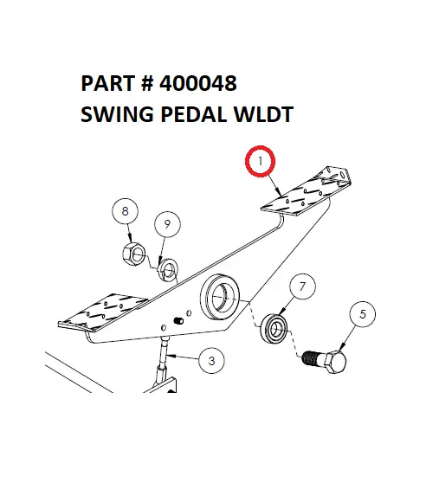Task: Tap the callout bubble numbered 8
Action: (125, 211)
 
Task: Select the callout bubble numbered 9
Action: (167, 225)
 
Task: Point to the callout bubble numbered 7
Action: (300, 286)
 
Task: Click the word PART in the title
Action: (103, 84)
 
